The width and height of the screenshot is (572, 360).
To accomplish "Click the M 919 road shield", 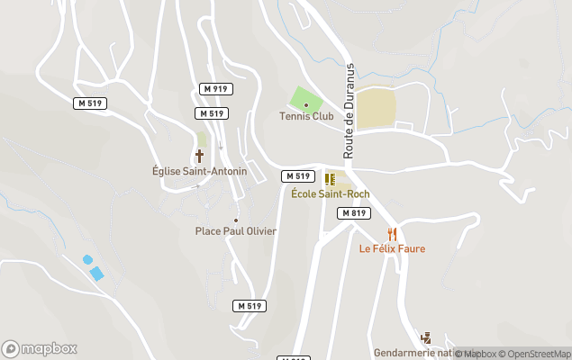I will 216,88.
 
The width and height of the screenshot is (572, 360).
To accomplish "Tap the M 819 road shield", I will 354,213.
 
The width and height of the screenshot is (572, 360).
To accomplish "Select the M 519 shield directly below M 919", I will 212,113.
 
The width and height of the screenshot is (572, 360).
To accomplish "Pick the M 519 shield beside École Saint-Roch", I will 298,175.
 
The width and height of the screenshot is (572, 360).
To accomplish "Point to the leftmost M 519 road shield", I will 90,103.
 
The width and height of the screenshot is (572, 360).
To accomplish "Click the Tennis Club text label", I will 306,117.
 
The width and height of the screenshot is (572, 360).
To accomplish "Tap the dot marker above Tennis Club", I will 306,105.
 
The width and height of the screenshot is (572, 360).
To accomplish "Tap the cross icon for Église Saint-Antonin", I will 200,156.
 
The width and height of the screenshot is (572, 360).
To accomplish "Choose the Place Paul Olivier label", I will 236,231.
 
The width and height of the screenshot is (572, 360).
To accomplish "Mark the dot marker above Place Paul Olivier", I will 236,220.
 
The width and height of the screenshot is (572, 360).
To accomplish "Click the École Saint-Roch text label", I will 330,193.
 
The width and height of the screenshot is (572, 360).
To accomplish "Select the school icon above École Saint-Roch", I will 330,179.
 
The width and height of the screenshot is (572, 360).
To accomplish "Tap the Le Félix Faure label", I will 392,248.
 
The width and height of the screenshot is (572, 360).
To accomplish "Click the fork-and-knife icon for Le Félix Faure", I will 392,235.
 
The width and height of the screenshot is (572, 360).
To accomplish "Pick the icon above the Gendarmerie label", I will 426,338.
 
